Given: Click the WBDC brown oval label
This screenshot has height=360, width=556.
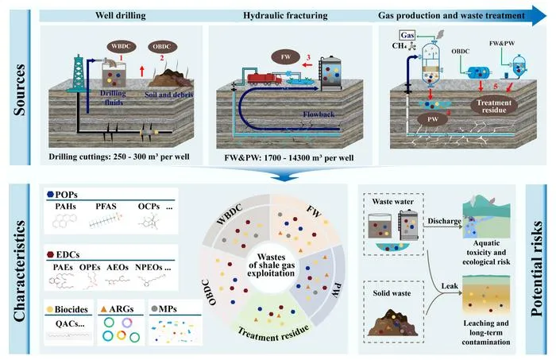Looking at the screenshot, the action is coord(122,46).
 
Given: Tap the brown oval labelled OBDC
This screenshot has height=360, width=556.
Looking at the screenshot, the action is coord(162,46).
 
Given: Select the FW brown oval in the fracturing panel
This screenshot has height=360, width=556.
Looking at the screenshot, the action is coord(286,56).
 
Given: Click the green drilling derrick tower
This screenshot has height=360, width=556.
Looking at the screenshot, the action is coord(78,74).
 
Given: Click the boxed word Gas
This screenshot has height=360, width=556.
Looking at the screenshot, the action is coord(407,35).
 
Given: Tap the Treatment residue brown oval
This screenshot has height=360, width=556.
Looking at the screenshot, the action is coord(494,106).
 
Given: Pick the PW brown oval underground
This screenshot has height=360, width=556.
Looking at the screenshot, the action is coord(433,119).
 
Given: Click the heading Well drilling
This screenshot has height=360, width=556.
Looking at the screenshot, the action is coord(120,16).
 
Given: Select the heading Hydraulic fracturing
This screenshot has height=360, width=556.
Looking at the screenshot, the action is coord(285,16).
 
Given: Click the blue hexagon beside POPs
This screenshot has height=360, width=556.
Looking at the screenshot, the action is coord(50,195).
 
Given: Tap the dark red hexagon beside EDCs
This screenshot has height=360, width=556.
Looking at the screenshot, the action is coord(50,254).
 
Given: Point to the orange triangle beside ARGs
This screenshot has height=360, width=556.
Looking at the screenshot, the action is coord(103,309).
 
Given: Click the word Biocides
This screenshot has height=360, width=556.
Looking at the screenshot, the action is coord(71,309).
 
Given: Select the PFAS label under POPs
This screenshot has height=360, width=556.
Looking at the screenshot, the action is coord(106,206).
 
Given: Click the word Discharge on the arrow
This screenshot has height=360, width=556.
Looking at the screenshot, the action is coord(444,221).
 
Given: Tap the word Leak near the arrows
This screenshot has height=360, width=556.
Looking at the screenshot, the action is coord(450,286).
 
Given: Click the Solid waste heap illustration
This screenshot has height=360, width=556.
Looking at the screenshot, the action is coord(393,323).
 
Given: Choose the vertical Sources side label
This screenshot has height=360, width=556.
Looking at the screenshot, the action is coord(20,90).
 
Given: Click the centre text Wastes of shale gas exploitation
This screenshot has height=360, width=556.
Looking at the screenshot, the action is coord(272,265).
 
